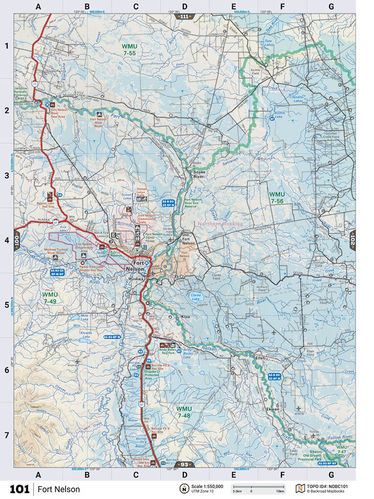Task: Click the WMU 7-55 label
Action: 128,50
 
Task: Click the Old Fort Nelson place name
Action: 188,240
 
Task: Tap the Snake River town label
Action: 199,175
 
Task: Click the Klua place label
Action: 186,317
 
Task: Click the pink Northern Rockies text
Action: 220,224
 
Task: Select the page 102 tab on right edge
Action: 352,241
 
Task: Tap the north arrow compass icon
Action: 183,489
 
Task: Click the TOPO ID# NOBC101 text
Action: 329,486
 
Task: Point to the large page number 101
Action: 19,489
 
